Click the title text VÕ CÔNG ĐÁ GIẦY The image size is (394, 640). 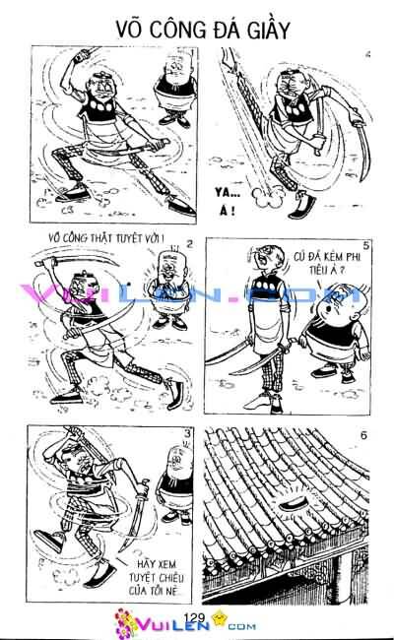[x=197, y=30]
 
